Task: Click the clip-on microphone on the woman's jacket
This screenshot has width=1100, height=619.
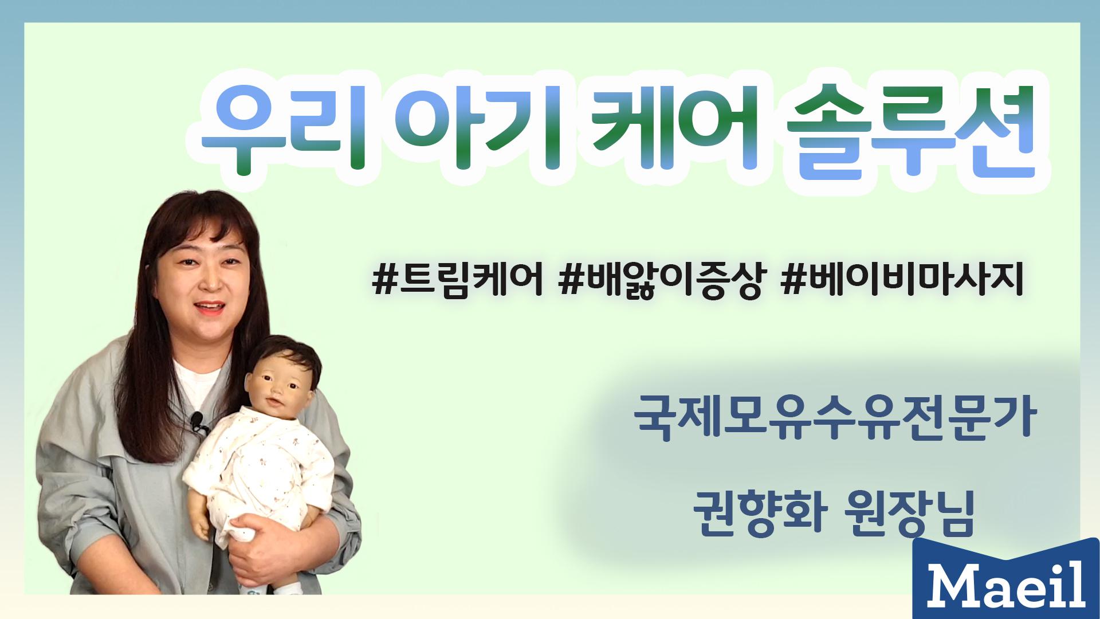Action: [x=198, y=420]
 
